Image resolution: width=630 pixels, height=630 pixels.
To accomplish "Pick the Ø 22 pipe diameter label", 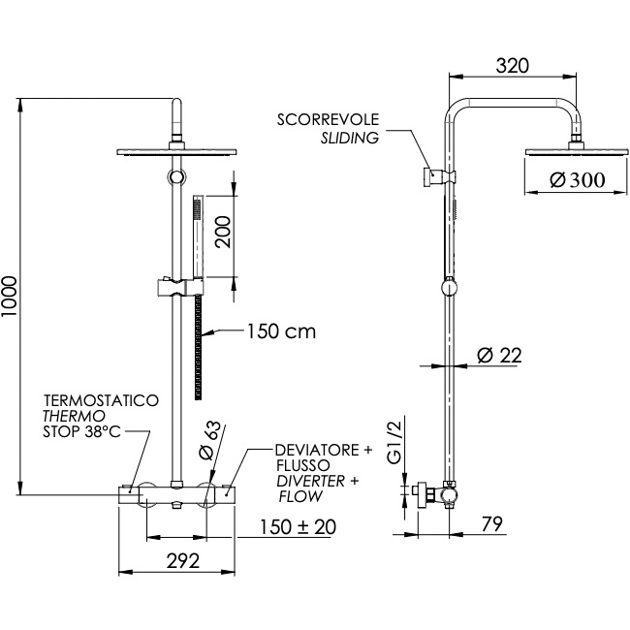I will [499, 356].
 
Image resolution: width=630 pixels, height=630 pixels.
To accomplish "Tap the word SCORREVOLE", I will [328, 120].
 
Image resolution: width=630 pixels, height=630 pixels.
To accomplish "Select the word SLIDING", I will [349, 138].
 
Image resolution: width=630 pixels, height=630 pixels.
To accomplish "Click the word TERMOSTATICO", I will [101, 399].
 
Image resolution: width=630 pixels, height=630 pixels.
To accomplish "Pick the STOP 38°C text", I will [80, 432].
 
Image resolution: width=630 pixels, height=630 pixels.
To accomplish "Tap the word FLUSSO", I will [303, 466].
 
